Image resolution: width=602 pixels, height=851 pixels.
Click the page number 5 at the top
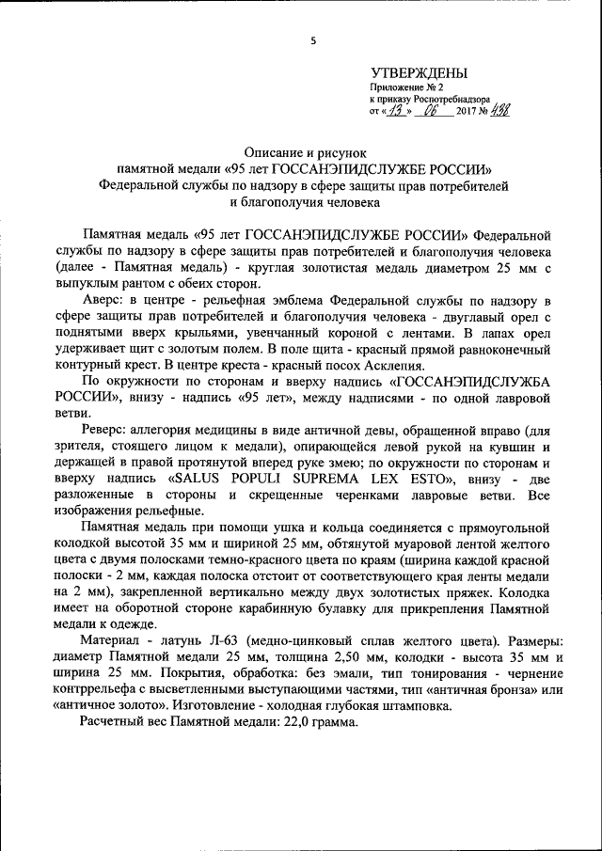click(314, 40)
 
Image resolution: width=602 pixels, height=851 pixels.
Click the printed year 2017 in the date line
click(467, 112)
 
